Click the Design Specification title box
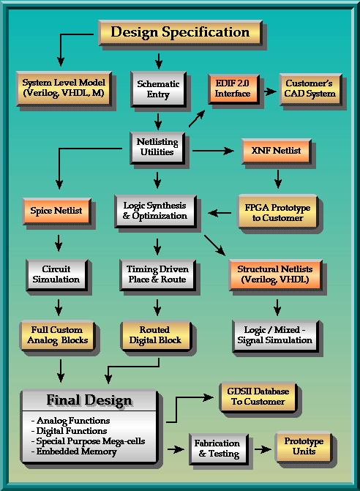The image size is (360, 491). click(180, 33)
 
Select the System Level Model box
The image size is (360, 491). click(64, 89)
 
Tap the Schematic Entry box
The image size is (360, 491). click(158, 89)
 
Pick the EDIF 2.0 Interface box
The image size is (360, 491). click(233, 89)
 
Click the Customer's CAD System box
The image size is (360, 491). click(310, 89)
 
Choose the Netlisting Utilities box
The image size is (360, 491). click(157, 148)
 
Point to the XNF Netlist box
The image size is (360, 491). click(276, 151)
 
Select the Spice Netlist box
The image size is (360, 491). click(56, 211)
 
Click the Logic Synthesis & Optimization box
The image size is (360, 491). click(156, 211)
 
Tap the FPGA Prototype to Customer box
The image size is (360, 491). click(277, 212)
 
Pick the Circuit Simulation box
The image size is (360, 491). click(56, 275)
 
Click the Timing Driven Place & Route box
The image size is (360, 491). click(157, 275)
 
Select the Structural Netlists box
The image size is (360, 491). click(275, 274)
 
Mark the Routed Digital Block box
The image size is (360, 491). click(156, 336)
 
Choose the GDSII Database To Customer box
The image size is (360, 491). click(258, 397)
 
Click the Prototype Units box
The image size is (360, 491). click(304, 447)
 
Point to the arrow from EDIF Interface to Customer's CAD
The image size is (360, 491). click(270, 91)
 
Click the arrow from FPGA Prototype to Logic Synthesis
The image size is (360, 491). click(220, 213)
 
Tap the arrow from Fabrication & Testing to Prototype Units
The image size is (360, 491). click(263, 450)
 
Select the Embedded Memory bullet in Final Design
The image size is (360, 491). click(74, 451)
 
